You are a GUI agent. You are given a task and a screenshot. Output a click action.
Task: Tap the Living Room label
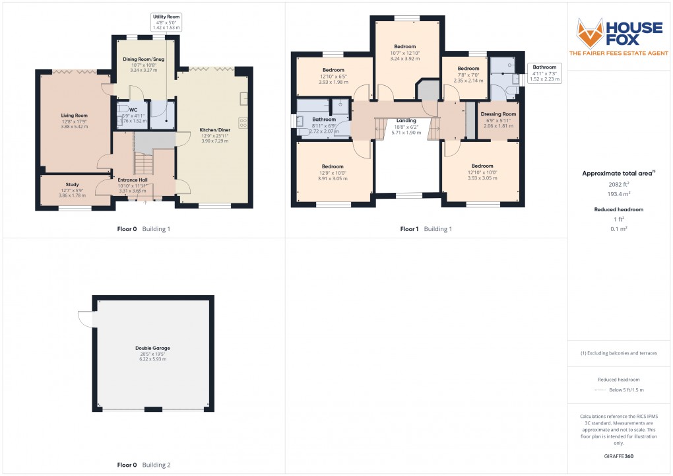(75, 116)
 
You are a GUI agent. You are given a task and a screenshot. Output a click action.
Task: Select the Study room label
(72, 185)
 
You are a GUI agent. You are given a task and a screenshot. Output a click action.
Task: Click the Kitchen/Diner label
(215, 130)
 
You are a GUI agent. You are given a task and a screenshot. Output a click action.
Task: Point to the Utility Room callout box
(166, 22)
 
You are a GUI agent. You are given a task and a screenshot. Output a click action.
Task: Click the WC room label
(133, 110)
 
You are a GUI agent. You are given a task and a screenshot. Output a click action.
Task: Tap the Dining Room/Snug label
(144, 59)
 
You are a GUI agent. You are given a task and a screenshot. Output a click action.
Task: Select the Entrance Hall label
(133, 180)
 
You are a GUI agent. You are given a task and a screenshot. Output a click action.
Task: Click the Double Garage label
(153, 349)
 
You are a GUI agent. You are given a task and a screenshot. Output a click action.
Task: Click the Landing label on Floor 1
(406, 121)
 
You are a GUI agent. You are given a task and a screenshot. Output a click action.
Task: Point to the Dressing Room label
(498, 114)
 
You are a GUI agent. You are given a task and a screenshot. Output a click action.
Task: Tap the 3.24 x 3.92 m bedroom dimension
(405, 59)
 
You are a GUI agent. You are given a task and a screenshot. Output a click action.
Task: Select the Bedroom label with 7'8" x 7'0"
(468, 68)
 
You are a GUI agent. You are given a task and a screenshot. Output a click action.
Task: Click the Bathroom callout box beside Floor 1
(544, 73)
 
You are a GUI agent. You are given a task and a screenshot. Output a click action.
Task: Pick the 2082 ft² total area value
(619, 184)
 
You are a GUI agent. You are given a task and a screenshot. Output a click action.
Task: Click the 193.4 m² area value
(619, 194)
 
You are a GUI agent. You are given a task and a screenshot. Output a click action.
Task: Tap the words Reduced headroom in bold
(619, 210)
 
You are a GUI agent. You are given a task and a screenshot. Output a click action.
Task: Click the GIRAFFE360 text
(619, 456)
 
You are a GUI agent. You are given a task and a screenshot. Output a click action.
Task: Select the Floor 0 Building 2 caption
(144, 465)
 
